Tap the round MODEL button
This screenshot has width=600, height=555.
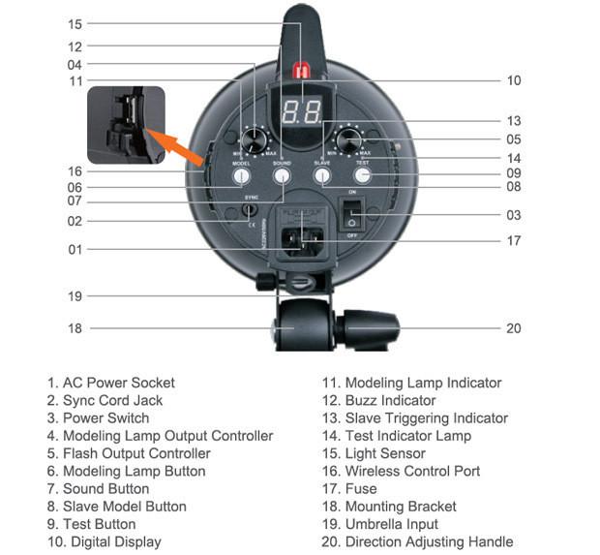coord(242,176)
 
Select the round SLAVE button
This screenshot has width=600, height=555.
coord(322,176)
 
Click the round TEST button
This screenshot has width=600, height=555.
coord(363,176)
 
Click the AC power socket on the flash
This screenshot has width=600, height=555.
coord(301,239)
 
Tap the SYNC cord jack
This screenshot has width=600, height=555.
coord(250,208)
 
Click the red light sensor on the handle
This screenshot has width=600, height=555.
coord(301,72)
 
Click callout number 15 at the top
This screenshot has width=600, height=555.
coord(75,23)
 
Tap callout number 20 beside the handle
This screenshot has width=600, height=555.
coord(513,328)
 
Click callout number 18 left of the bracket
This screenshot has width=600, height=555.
coord(75,328)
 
